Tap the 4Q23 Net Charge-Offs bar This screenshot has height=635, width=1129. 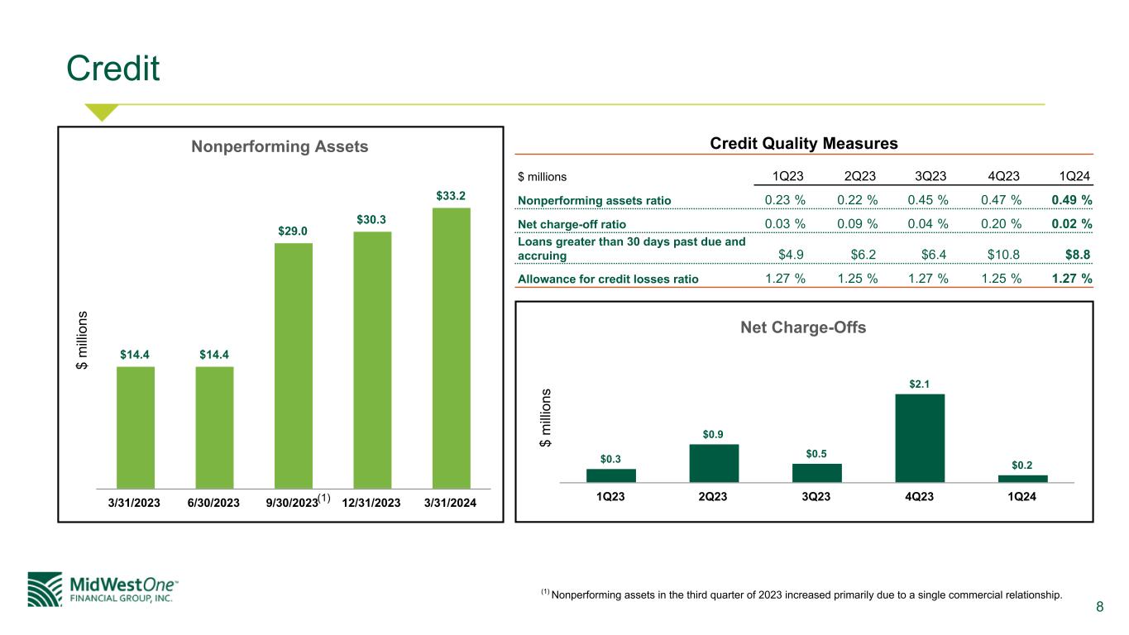(920, 437)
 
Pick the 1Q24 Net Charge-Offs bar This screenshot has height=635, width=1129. (1022, 478)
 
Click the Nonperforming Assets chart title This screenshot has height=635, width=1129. (280, 147)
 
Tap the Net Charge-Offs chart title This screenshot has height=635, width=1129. (803, 327)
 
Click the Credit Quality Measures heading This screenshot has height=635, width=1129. (804, 144)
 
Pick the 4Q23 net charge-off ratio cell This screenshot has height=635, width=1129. (1001, 224)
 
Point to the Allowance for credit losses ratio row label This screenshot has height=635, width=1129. (608, 279)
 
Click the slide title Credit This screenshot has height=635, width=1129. (113, 69)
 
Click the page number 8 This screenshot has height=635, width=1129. (1099, 608)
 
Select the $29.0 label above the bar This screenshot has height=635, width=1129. (294, 232)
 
